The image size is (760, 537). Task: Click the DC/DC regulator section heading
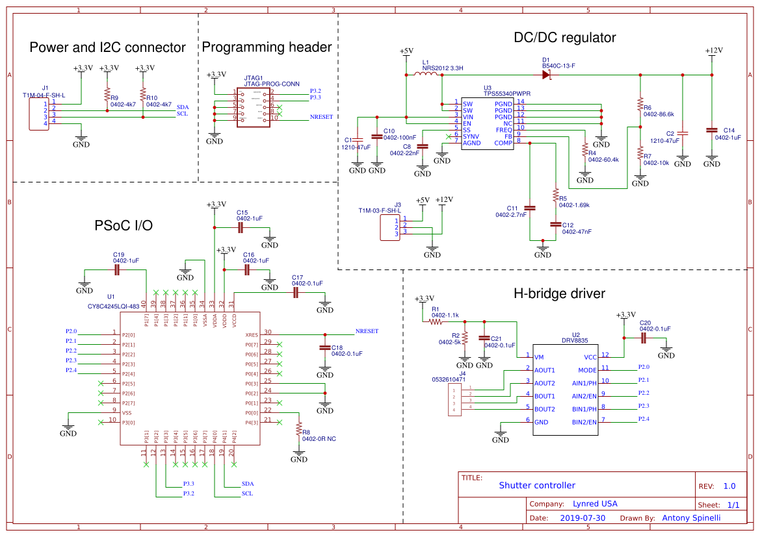point(564,38)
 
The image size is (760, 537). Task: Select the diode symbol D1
point(545,75)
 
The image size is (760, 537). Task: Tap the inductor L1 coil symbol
point(426,75)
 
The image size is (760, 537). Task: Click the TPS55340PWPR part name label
point(498,94)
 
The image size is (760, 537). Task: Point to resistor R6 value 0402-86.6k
point(659,114)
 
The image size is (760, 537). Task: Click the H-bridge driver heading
point(559,293)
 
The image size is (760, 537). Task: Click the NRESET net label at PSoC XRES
point(367,331)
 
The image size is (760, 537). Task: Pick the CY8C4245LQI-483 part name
point(114,306)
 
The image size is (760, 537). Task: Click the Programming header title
point(267,47)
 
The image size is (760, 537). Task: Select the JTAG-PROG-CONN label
point(272,84)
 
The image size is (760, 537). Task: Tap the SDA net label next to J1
point(183,106)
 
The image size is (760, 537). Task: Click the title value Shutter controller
point(537,485)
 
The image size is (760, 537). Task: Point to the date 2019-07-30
point(583,518)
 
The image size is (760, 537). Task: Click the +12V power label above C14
point(713,51)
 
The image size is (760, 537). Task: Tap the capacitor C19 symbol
point(118,269)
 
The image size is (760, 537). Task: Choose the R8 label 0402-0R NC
point(319,439)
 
